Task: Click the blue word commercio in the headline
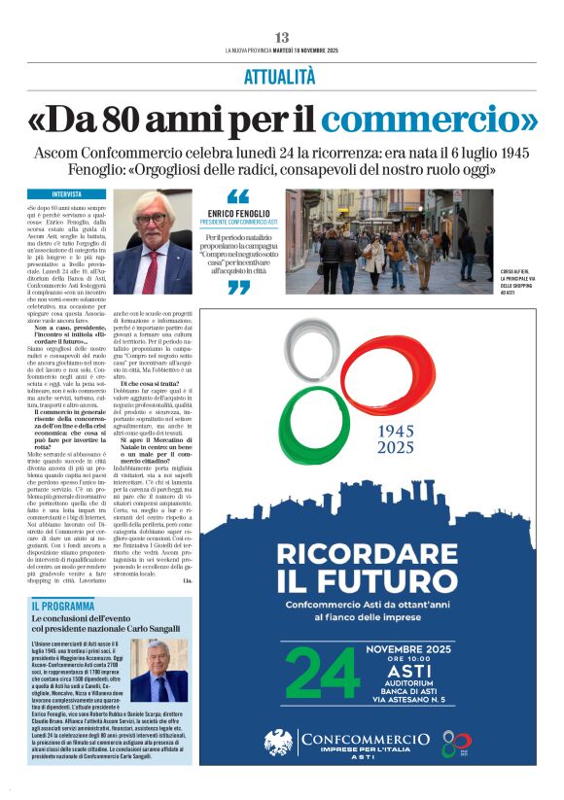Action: (x=429, y=120)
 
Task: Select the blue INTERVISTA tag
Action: (x=67, y=194)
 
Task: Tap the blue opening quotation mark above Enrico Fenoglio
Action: (x=237, y=196)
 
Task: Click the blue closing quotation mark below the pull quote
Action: (x=238, y=288)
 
